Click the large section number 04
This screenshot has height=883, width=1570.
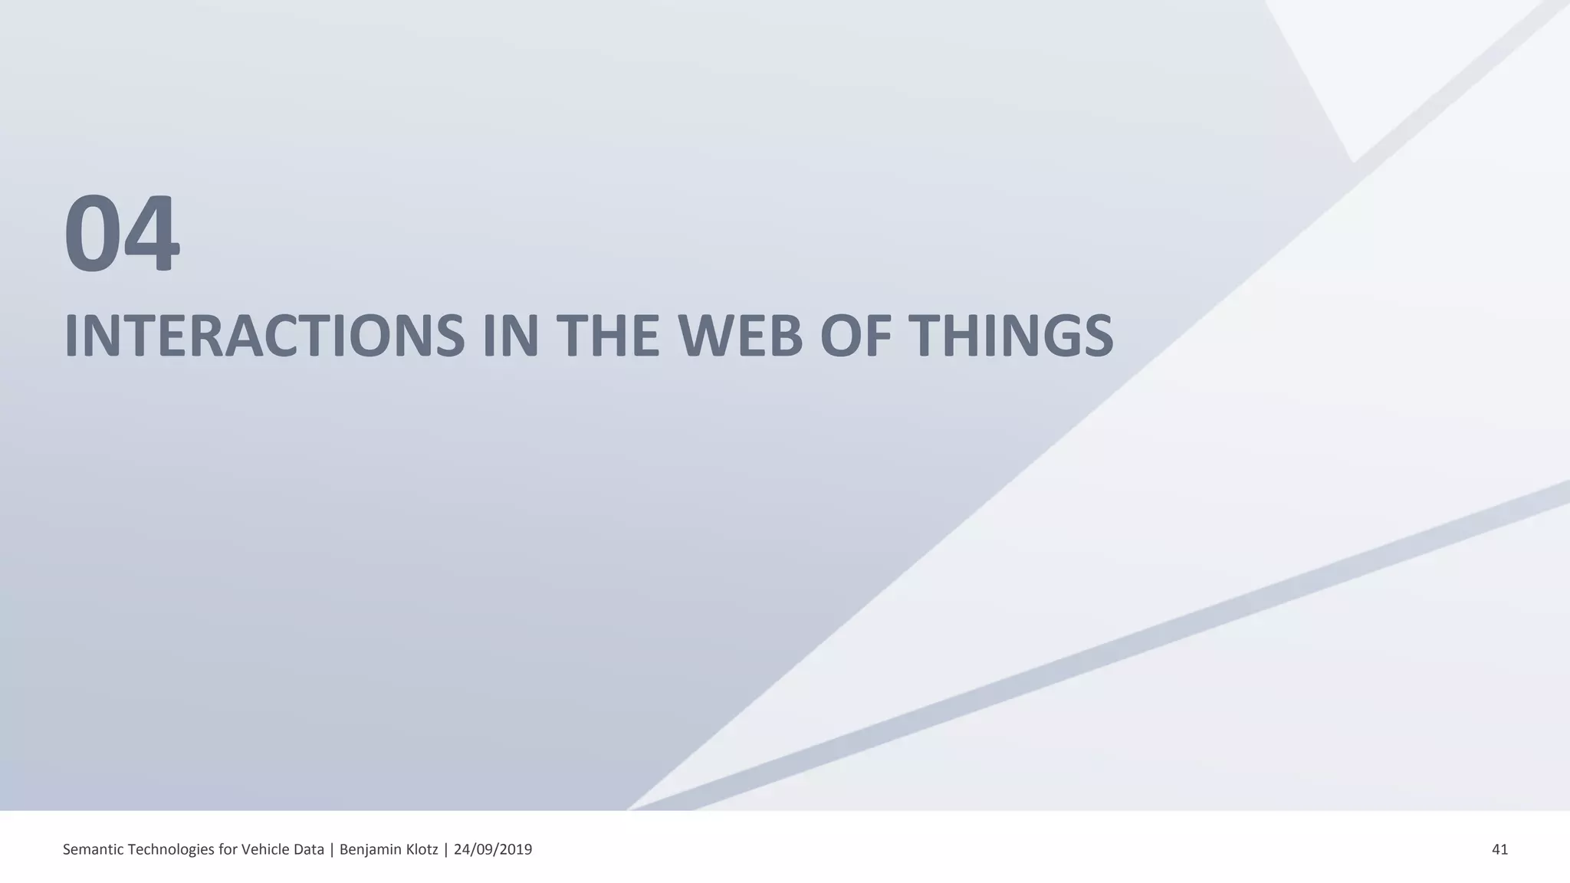click(122, 234)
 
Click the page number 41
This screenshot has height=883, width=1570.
click(1499, 849)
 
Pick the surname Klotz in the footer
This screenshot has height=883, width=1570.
click(421, 849)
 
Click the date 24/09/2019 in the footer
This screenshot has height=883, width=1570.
click(493, 849)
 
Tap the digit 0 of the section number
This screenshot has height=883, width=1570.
click(93, 234)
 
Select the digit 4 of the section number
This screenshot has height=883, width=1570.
click(152, 234)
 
